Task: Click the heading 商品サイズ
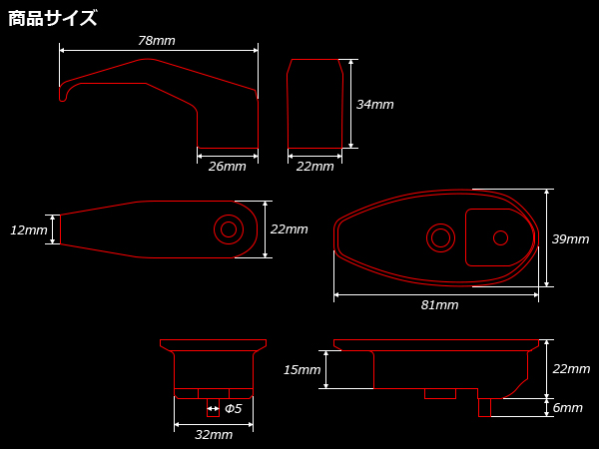pyautogui.click(x=52, y=18)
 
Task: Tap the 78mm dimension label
pyautogui.click(x=157, y=41)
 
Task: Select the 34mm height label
pyautogui.click(x=374, y=104)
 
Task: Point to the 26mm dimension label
pyautogui.click(x=228, y=167)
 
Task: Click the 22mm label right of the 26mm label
pyautogui.click(x=315, y=167)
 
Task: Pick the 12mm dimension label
pyautogui.click(x=29, y=230)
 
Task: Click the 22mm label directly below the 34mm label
pyautogui.click(x=290, y=229)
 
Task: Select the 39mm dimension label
pyautogui.click(x=570, y=239)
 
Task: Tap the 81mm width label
pyautogui.click(x=439, y=305)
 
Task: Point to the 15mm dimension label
pyautogui.click(x=301, y=369)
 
